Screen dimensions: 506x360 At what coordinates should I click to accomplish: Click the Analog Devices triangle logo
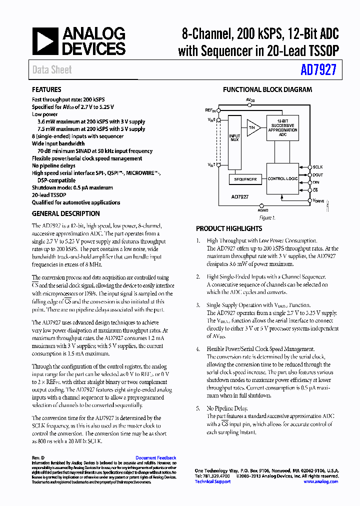[45, 41]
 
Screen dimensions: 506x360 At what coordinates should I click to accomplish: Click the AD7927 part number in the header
[318, 70]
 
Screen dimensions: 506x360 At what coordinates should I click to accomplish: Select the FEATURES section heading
[46, 90]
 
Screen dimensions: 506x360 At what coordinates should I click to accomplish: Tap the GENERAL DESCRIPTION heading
[65, 213]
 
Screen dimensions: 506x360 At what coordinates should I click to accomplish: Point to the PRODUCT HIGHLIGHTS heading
[228, 228]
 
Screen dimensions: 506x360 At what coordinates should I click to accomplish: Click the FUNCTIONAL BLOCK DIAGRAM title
[267, 90]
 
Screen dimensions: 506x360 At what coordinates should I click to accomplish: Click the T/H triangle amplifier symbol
[253, 127]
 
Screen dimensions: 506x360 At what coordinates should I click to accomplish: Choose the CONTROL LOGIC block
[283, 178]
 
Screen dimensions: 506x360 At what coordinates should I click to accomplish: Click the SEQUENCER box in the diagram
[245, 178]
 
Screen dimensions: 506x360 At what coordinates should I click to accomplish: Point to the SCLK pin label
[317, 167]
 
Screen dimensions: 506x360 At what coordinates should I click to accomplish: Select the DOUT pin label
[317, 175]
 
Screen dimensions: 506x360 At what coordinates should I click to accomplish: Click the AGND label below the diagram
[263, 210]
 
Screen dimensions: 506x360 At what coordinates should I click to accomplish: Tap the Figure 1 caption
[266, 218]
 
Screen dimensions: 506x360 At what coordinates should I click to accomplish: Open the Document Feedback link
[155, 458]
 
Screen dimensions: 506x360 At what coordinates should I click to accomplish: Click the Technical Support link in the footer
[212, 481]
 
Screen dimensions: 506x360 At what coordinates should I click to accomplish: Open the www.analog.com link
[320, 481]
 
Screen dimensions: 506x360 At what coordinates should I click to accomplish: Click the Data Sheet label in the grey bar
[52, 70]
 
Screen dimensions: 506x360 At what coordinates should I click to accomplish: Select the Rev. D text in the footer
[38, 458]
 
